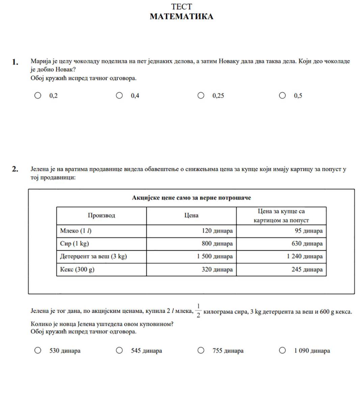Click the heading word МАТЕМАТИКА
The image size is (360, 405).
pyautogui.click(x=181, y=17)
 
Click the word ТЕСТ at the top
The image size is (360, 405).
pyautogui.click(x=181, y=6)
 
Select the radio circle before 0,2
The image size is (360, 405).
pyautogui.click(x=38, y=96)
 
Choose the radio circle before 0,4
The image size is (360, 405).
pyautogui.click(x=119, y=96)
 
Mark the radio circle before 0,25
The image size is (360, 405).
pyautogui.click(x=201, y=96)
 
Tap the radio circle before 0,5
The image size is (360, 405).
pyautogui.click(x=282, y=96)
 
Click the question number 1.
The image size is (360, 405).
pyautogui.click(x=15, y=62)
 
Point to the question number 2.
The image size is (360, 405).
pyautogui.click(x=15, y=169)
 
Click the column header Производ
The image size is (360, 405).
pyautogui.click(x=101, y=215)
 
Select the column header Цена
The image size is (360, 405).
pyautogui.click(x=191, y=215)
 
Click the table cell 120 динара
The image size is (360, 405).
pyautogui.click(x=217, y=231)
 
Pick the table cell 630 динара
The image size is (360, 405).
pyautogui.click(x=307, y=243)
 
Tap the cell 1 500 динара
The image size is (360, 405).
pyautogui.click(x=215, y=256)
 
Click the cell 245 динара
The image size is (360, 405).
pyautogui.click(x=307, y=269)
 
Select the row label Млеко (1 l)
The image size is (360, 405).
pyautogui.click(x=76, y=231)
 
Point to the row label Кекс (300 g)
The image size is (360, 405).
pyautogui.click(x=77, y=269)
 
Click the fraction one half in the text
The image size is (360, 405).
pyautogui.click(x=198, y=311)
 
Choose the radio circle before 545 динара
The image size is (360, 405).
pyautogui.click(x=119, y=350)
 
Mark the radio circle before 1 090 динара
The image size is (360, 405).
pyautogui.click(x=282, y=350)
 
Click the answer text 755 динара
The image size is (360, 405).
pyautogui.click(x=228, y=351)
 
